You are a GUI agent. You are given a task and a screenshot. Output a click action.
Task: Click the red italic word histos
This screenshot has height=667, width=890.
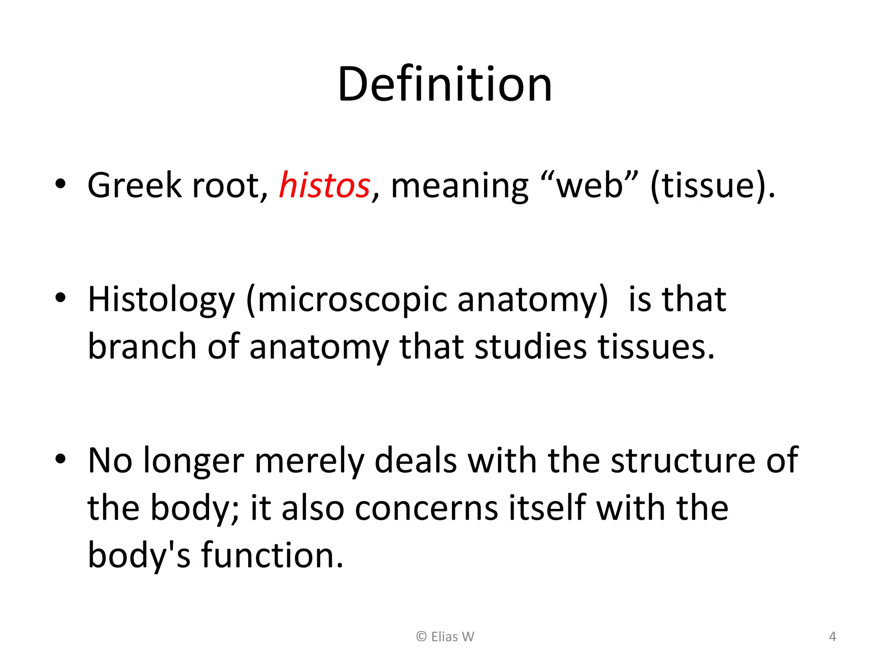(324, 185)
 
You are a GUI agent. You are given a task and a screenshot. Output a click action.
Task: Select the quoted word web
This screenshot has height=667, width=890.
(590, 185)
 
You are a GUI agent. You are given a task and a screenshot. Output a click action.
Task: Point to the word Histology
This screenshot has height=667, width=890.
(161, 300)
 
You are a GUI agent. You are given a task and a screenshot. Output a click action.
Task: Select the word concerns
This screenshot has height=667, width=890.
(426, 508)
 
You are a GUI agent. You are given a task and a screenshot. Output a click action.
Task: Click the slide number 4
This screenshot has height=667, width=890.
(832, 637)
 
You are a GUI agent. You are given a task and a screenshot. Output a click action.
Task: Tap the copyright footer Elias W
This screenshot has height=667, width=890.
(445, 637)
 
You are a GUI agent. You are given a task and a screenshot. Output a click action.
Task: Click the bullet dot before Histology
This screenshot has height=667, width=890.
(60, 298)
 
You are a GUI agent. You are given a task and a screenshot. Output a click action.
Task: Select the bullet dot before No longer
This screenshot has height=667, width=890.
(60, 459)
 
